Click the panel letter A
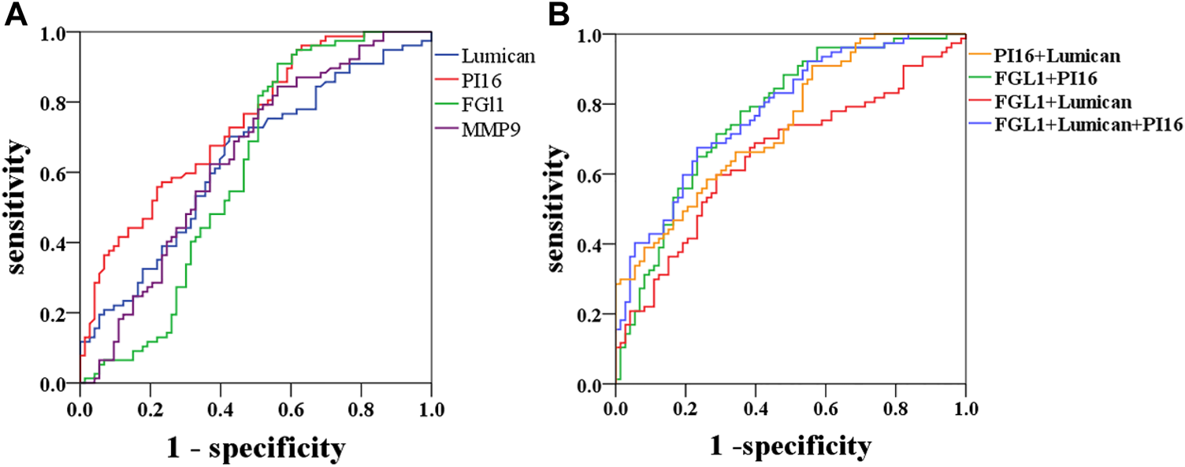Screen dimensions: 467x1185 [x=17, y=15]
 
